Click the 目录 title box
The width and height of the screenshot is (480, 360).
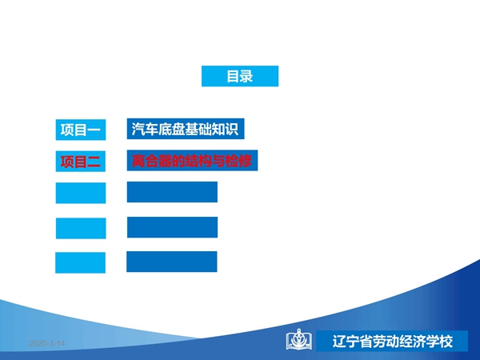point(240,76)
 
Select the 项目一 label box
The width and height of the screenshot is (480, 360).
point(81,130)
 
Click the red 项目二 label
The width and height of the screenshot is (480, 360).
point(81,162)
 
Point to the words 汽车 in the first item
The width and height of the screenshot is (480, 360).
point(145,129)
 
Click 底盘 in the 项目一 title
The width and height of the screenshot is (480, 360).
point(171,129)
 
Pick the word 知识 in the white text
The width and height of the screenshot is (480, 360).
point(225,129)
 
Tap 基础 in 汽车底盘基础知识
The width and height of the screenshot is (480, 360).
point(198,129)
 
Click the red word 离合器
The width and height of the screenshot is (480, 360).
point(152,161)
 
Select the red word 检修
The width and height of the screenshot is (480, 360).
point(238,161)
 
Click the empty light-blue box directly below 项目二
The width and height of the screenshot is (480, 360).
point(81,193)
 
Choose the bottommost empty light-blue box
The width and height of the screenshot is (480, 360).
point(80,262)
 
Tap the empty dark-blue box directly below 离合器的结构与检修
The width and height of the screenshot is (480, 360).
point(172,192)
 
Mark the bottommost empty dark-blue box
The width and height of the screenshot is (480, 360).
point(172,262)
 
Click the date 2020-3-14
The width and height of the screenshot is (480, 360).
point(47,343)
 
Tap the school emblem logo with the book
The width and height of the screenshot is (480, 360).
point(299,339)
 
